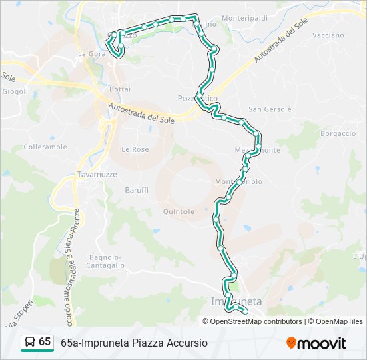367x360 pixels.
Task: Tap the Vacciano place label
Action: (328, 35)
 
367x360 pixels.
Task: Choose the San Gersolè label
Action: (270, 109)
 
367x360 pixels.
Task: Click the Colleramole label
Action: (45, 147)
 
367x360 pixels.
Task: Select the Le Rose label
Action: (135, 150)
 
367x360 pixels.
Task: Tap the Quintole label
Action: (178, 212)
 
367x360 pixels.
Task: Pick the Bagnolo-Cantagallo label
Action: (106, 261)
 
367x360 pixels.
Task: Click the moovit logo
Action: (316, 343)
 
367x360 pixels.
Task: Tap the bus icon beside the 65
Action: (30, 342)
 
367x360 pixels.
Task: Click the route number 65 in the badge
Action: (45, 342)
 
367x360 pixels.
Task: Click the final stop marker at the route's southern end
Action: (245, 311)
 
